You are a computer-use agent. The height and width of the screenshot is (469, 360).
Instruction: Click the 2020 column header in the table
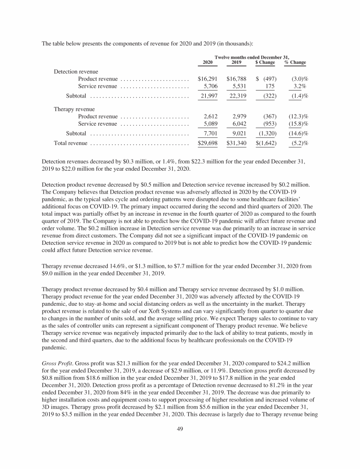(x=207, y=62)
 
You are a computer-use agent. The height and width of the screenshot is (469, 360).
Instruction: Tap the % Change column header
(x=295, y=62)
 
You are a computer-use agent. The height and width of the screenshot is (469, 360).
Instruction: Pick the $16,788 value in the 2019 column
(x=236, y=78)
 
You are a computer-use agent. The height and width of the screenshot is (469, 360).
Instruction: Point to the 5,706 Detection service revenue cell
(x=209, y=86)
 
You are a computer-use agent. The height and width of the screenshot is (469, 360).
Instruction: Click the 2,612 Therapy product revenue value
(x=209, y=116)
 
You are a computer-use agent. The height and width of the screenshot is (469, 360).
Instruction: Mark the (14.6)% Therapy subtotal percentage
(x=296, y=134)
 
